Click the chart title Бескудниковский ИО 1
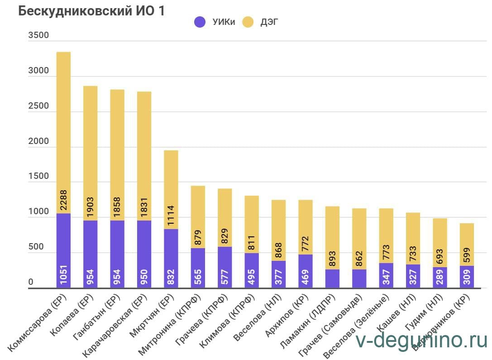[x=91, y=12]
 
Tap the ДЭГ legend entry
[x=262, y=22]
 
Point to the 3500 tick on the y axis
[x=38, y=36]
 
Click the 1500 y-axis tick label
[x=38, y=176]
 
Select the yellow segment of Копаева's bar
[x=91, y=145]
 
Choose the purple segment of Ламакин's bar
[x=332, y=278]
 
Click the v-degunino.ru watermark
[x=421, y=341]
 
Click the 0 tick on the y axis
[x=31, y=282]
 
